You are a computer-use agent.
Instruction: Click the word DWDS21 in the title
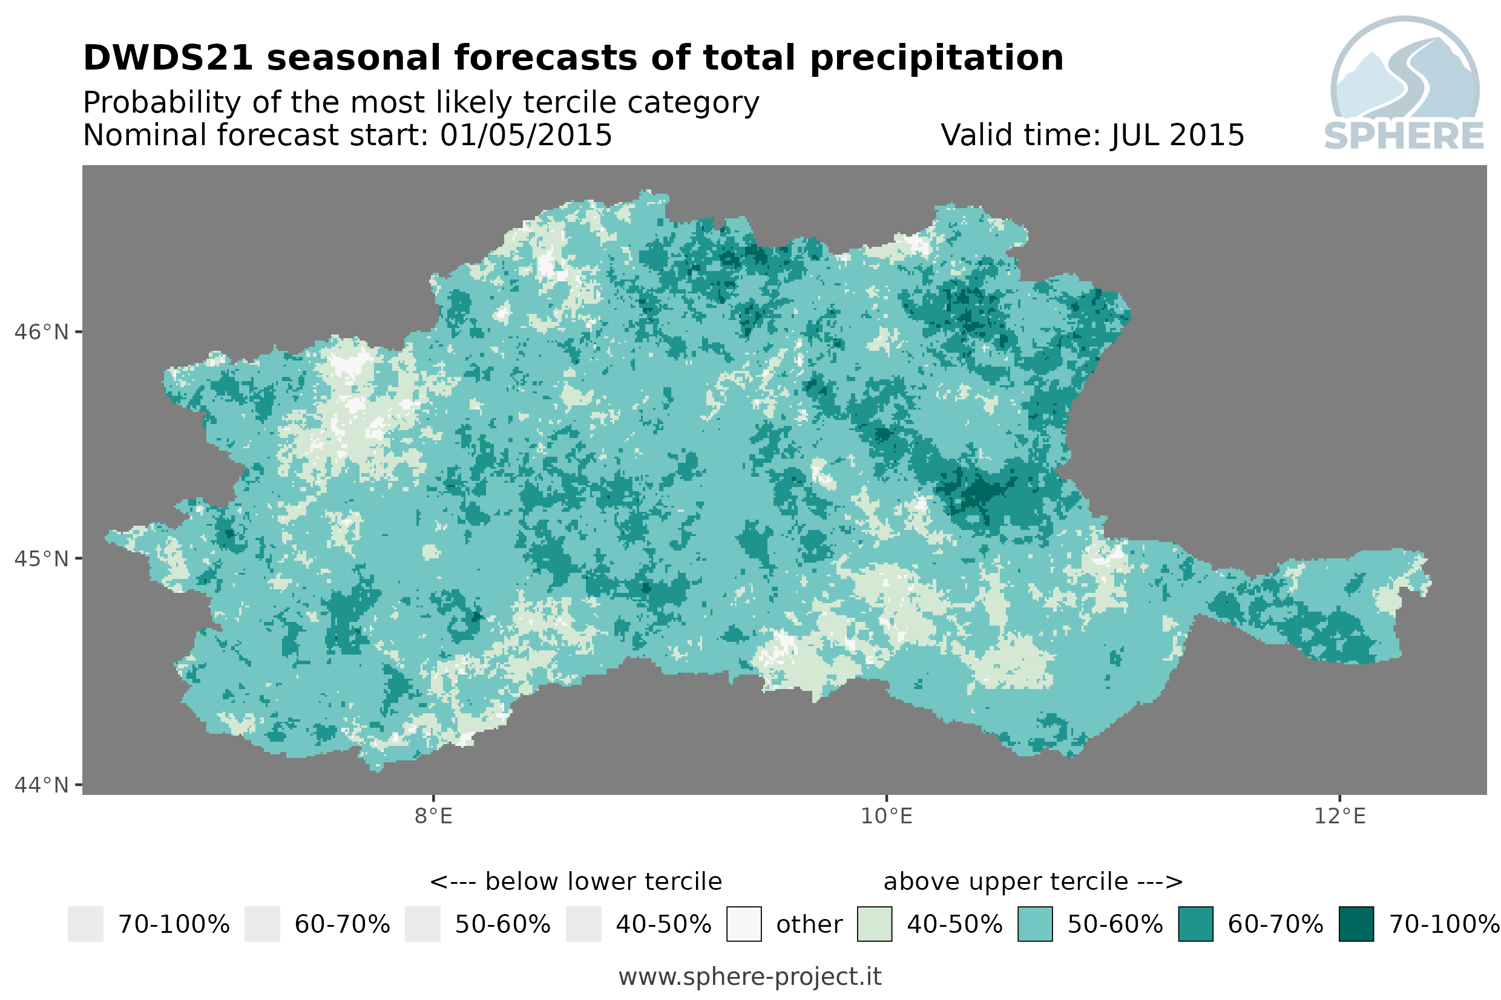point(168,58)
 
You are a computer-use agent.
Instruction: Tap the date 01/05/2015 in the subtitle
point(525,135)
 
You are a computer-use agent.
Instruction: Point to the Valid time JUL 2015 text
point(1092,135)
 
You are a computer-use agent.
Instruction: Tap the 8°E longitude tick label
point(434,816)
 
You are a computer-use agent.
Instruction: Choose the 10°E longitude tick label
point(887,816)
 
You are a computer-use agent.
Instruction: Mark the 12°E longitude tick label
point(1339,816)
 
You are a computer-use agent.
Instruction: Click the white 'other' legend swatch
point(744,924)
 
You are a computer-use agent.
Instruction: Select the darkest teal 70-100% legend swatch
point(1356,924)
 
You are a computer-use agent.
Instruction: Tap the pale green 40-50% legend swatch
point(875,924)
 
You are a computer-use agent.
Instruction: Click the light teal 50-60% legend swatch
point(1036,924)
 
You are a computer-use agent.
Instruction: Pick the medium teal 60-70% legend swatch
point(1196,924)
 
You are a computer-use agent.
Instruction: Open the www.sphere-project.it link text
point(750,976)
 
